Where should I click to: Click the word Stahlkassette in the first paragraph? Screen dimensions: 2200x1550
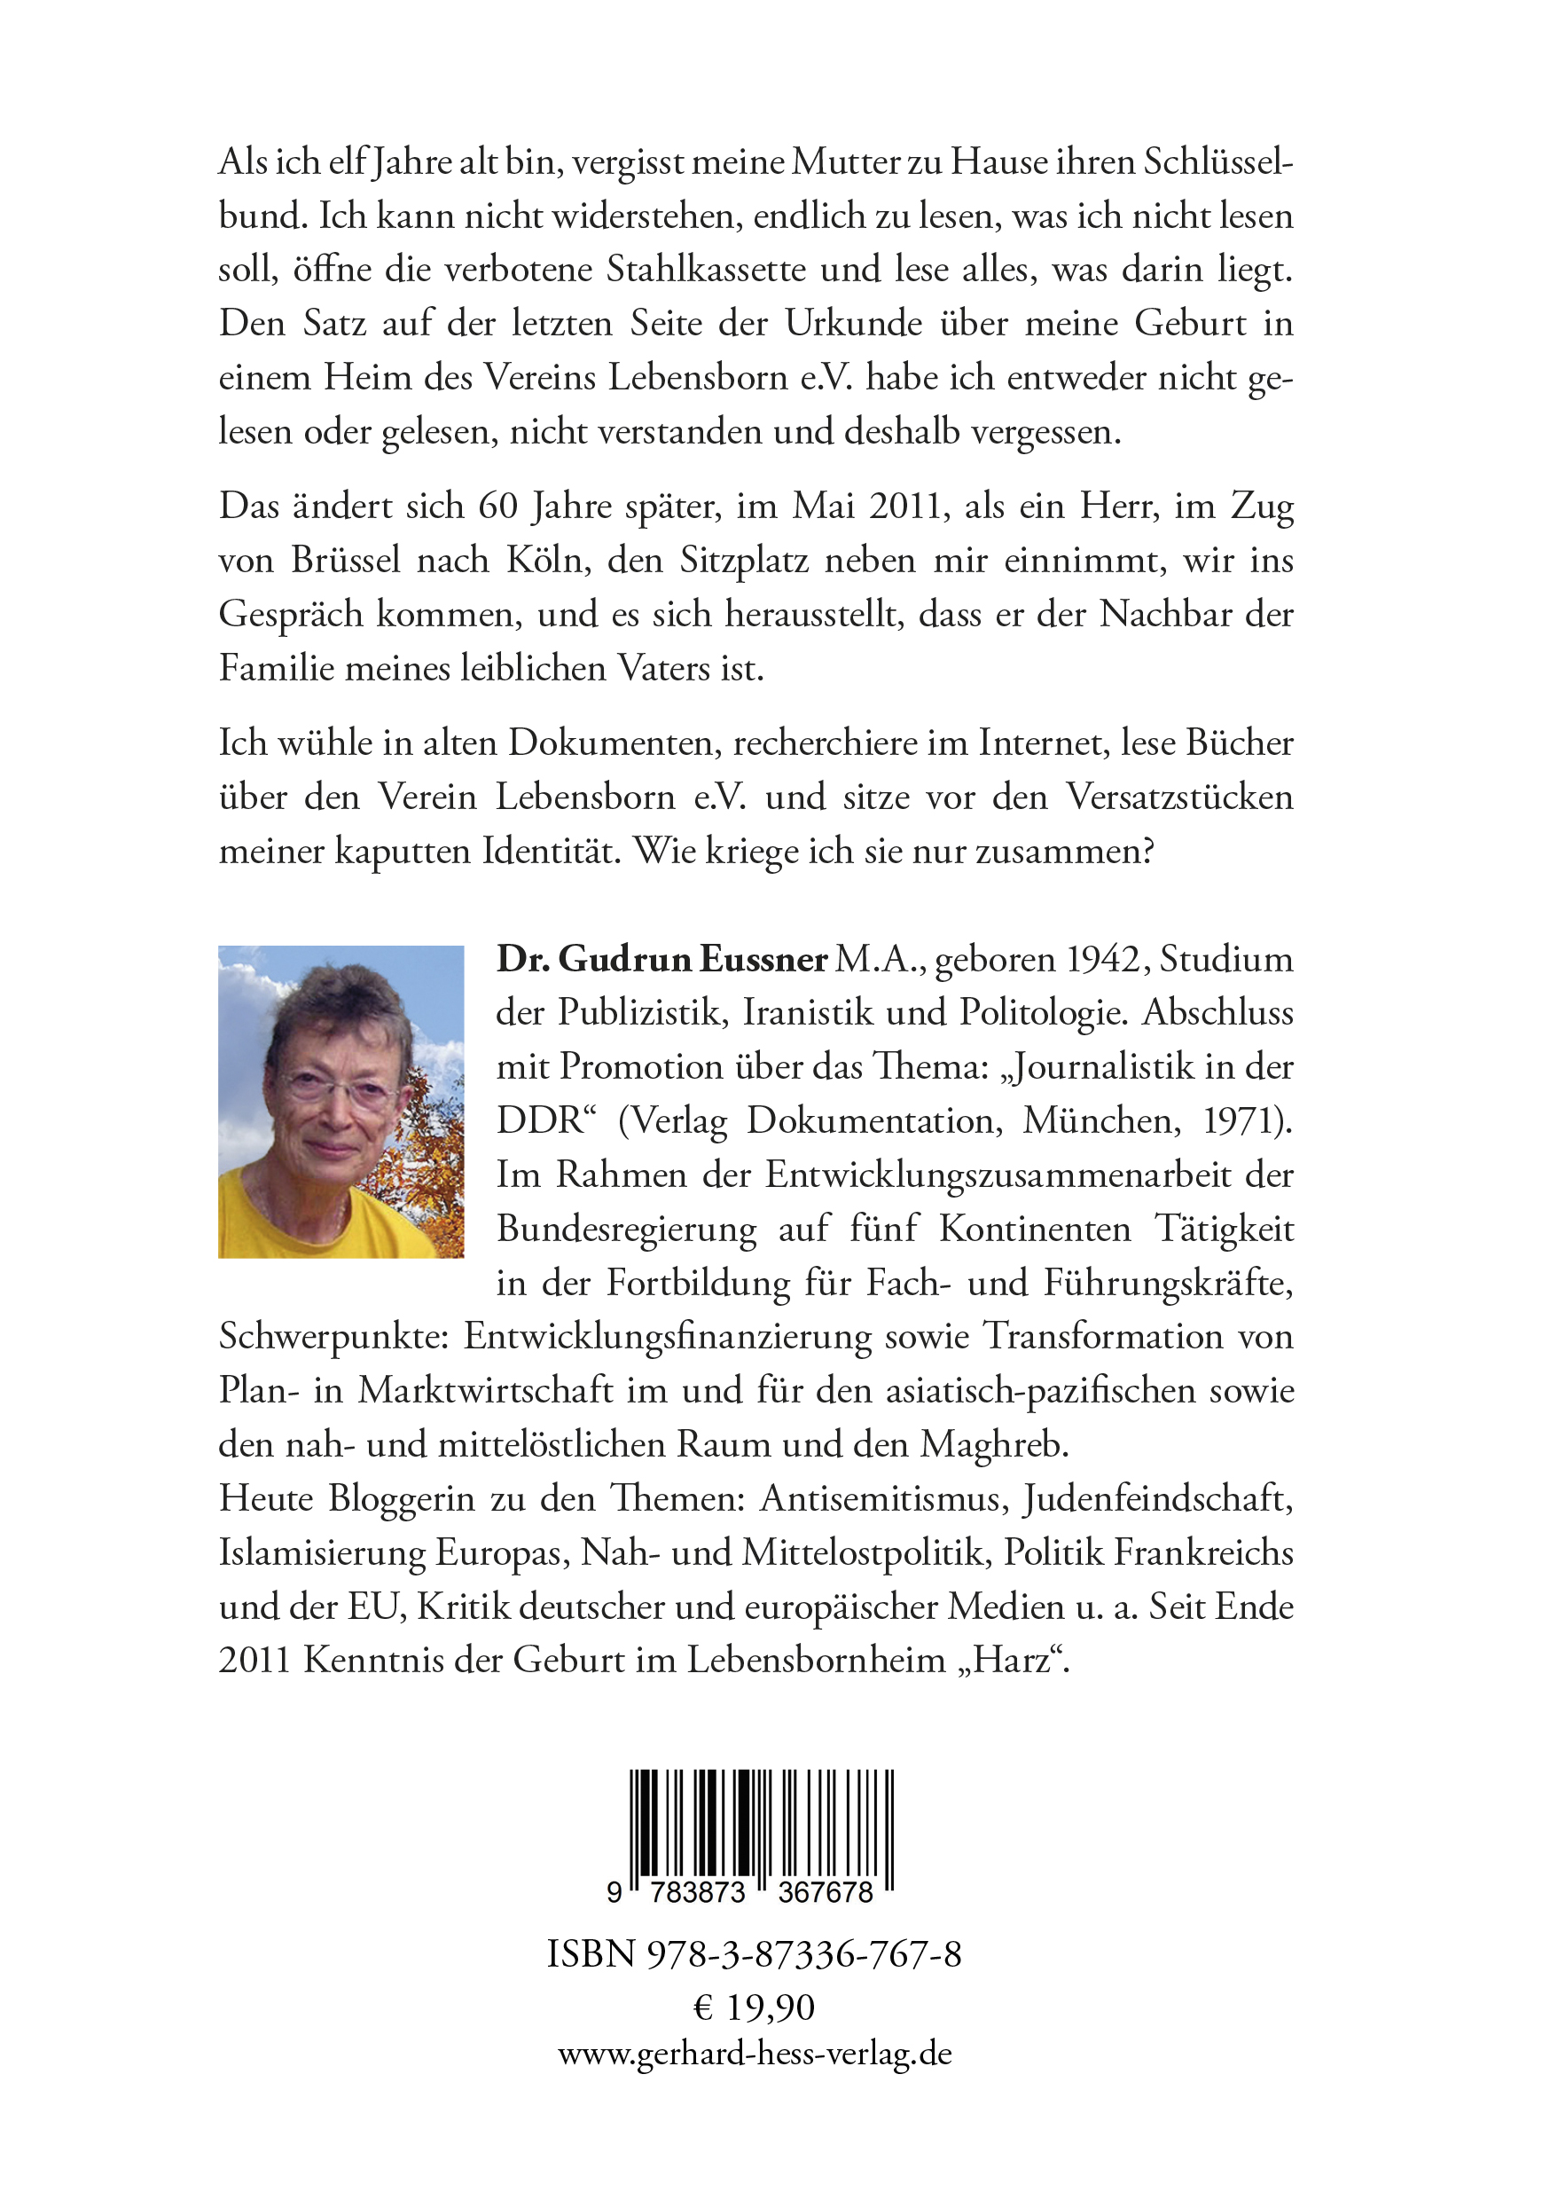(705, 270)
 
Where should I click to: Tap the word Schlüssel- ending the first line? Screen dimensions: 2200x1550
(1217, 162)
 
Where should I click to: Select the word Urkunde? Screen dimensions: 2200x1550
(854, 323)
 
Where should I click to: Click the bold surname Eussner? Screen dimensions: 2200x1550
(763, 959)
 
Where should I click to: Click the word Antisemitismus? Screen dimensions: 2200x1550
(883, 1497)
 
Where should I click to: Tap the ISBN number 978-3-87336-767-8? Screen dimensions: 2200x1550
(803, 1953)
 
